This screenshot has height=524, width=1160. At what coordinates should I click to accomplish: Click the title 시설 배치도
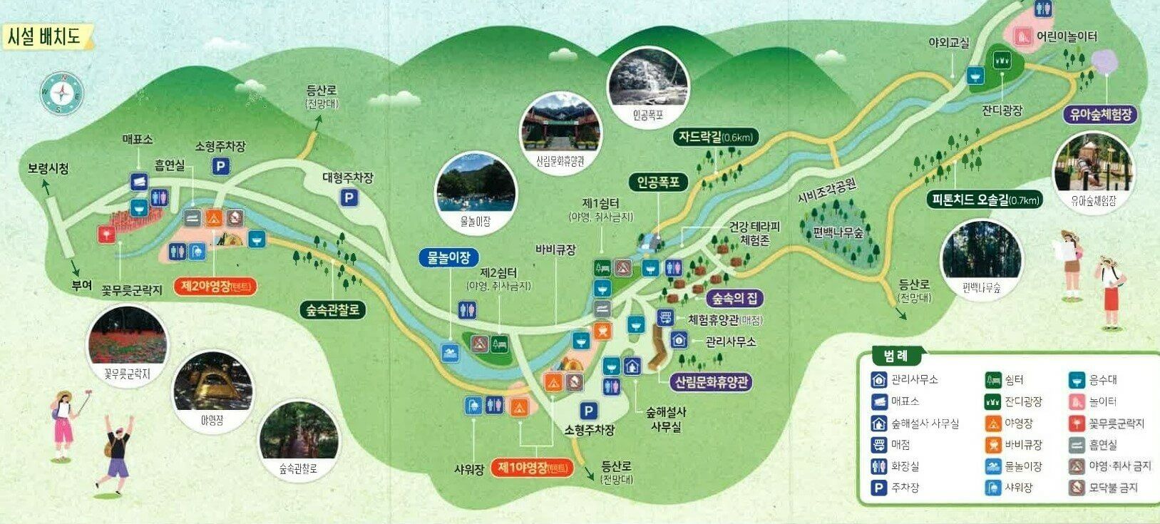tap(44, 36)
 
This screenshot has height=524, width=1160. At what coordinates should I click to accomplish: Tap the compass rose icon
tap(62, 93)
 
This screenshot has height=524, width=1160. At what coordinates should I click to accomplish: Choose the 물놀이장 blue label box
tap(448, 257)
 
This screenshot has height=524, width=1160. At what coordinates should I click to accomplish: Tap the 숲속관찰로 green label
tap(333, 309)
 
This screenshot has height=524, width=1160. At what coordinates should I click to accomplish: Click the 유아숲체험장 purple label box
tap(1101, 114)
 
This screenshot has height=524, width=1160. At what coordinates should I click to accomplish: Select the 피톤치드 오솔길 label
tap(985, 200)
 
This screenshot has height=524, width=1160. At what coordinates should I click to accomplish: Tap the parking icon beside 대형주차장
tap(349, 198)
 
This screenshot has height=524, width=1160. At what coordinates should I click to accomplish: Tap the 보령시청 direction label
tap(48, 169)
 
